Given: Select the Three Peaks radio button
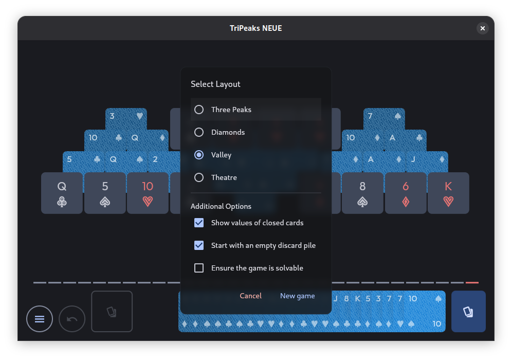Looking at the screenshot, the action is coord(199,110).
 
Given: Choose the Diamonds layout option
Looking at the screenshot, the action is coord(199,132).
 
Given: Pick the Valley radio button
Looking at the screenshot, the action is coord(199,154).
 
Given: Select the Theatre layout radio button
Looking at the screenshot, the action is coord(199,177).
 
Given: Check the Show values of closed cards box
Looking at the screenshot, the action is coord(199,223).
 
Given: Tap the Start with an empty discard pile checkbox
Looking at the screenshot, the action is coord(199,245).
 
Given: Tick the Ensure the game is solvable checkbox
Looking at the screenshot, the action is coord(199,268).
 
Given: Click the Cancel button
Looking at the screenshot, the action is coord(250,296).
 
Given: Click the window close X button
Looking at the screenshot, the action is coord(483,28).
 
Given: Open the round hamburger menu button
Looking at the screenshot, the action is coord(40,319).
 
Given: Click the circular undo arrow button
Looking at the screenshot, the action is coord(72,319).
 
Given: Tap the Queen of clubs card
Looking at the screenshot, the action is coord(62,193).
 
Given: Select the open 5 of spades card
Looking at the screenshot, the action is coord(105,193).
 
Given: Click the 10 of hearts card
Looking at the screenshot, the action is coord(148,193).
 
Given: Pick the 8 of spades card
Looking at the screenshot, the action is coord(362,193).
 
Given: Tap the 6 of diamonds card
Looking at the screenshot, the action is coord(406,193).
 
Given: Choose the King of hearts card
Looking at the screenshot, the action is coord(448,193).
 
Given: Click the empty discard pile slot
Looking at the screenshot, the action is coord(112,311).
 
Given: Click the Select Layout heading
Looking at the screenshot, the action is coord(215,84).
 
